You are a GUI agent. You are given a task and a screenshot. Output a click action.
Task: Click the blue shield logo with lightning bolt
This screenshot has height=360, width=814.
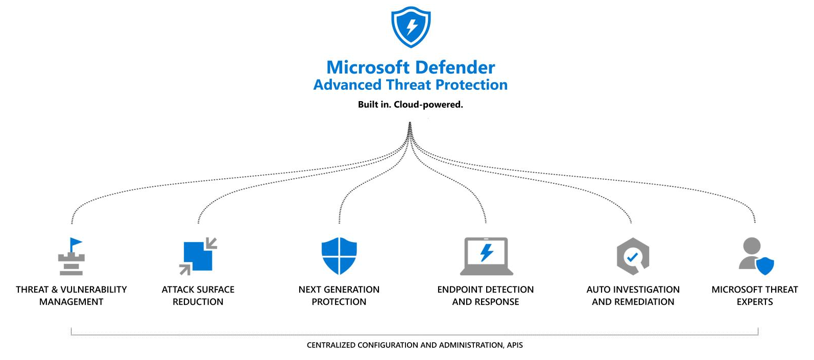pos(411,27)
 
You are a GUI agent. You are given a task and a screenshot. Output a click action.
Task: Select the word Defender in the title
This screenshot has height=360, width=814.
pos(455,67)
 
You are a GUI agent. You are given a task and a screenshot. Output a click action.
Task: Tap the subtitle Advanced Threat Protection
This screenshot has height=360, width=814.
pos(410,85)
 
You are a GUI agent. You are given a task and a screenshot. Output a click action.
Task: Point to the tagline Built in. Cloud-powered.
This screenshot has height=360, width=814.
pos(410,105)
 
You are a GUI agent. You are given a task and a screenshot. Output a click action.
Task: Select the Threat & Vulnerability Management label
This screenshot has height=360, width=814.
pos(71,295)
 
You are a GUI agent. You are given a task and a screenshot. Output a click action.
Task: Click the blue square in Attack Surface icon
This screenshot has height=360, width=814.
pos(198,256)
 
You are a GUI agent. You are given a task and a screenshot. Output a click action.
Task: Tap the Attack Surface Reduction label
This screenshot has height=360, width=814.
pos(198,295)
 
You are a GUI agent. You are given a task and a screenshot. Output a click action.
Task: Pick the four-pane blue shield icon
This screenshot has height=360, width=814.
pos(339,256)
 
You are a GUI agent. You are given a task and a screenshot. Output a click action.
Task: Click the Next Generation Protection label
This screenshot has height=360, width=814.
pos(339,295)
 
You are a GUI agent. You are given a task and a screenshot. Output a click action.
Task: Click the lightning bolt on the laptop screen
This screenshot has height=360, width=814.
pos(487,252)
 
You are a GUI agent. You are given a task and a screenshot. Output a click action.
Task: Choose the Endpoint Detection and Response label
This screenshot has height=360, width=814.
pos(486,295)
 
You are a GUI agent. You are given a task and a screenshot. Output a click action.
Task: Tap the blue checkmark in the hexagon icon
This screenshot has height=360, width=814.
pos(632,257)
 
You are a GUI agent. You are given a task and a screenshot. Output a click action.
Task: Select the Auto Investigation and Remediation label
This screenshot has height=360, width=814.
pos(633,295)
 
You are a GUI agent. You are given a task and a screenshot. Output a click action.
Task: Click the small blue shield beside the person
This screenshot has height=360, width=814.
pos(765,266)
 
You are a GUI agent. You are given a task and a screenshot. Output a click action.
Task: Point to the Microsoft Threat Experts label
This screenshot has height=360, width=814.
pos(755,295)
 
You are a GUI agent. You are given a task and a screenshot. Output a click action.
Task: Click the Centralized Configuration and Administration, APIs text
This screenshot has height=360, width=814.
pos(415,345)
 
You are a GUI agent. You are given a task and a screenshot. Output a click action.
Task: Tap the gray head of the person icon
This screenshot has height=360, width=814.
pos(752,246)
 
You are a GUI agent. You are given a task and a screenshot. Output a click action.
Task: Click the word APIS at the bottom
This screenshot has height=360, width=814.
pos(515,345)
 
